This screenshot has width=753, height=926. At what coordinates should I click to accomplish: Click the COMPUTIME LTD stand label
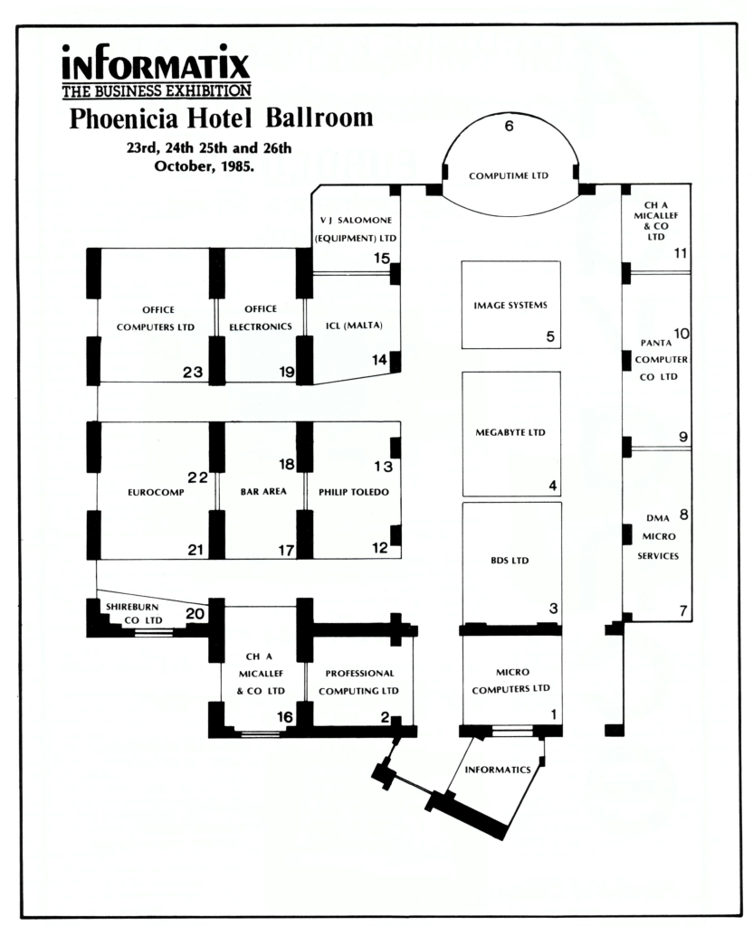coord(509,175)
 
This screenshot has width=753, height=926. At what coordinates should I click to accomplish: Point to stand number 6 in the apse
coord(509,127)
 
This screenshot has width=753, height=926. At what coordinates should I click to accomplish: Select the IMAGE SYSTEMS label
coord(510,305)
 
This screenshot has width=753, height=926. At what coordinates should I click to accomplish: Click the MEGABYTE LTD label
coord(510,432)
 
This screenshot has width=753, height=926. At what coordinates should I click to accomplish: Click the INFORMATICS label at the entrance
coord(497,770)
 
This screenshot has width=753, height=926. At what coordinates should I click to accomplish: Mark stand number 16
coord(285,716)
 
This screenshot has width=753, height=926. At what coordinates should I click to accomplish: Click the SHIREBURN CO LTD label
coord(134,613)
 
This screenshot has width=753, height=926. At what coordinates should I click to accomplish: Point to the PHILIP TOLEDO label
coord(353,493)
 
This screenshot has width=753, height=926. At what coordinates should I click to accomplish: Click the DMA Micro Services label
coord(657,536)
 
